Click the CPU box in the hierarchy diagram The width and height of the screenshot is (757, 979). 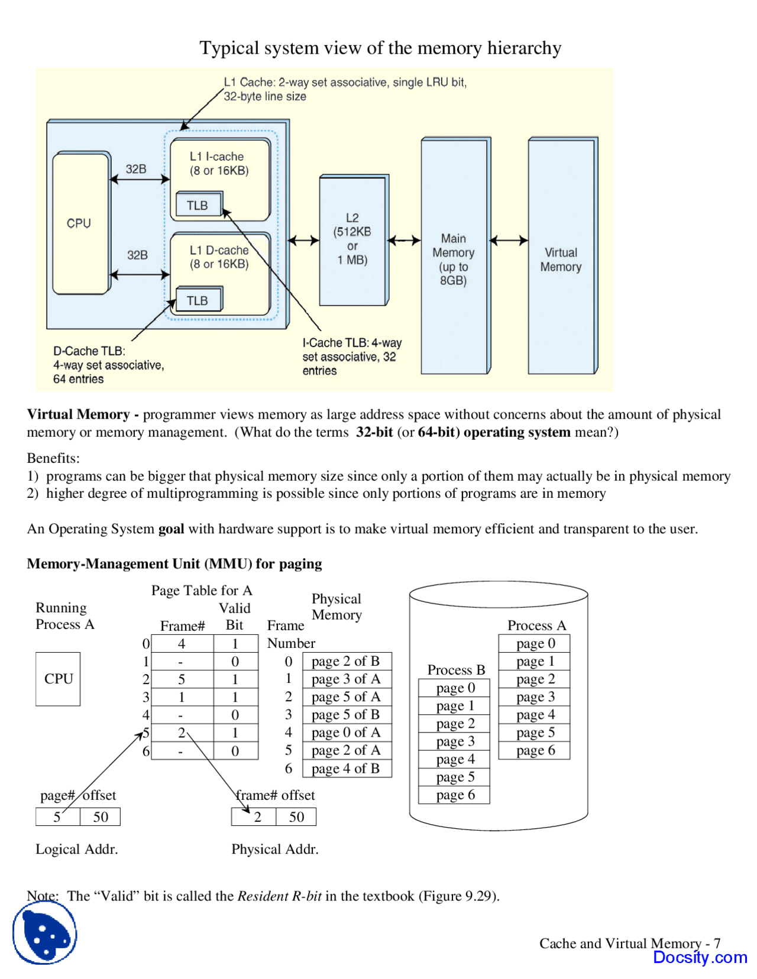[x=80, y=223]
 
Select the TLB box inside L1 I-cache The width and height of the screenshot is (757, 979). [x=198, y=205]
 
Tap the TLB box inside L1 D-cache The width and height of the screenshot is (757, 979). [x=198, y=300]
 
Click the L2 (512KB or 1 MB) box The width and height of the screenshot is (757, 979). [x=352, y=239]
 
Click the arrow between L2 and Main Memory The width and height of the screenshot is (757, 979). [x=404, y=241]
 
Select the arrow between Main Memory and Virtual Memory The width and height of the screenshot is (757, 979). [x=509, y=241]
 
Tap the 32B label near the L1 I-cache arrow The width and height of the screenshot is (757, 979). [x=136, y=169]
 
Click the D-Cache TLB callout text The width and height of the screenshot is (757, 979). [x=108, y=365]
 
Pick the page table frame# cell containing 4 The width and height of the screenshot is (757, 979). [x=182, y=644]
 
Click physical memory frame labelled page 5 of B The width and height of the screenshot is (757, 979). [x=346, y=715]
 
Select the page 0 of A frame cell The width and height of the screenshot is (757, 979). [x=346, y=732]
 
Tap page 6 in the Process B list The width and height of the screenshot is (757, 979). [x=455, y=795]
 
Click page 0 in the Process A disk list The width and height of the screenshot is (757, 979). [x=535, y=643]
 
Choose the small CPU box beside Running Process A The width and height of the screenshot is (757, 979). [x=58, y=679]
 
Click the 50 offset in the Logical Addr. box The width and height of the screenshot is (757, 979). [x=101, y=817]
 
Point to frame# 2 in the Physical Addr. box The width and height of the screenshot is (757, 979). [x=257, y=817]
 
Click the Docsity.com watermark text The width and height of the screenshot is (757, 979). [x=700, y=957]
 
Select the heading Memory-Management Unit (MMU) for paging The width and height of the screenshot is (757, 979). [x=174, y=563]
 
